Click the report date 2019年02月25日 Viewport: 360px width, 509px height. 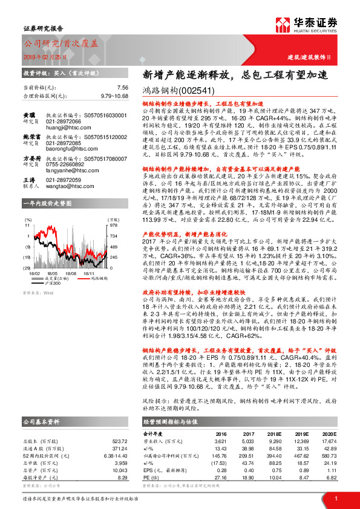(x=41, y=55)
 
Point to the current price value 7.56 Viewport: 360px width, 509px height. (x=122, y=88)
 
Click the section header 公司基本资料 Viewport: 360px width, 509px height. (x=42, y=421)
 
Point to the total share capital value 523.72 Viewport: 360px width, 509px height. (x=119, y=441)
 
